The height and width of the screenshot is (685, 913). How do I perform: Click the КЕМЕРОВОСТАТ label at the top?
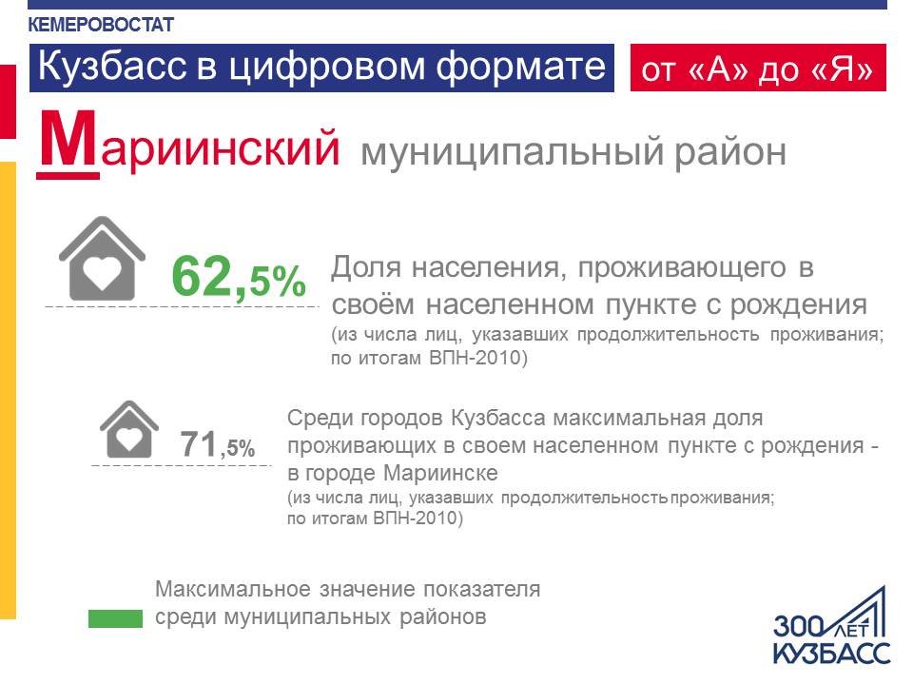[101, 25]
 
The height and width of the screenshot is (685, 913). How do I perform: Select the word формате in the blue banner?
[521, 66]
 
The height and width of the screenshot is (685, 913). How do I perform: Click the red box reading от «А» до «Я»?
[758, 68]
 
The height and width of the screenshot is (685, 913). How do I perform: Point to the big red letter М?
[68, 143]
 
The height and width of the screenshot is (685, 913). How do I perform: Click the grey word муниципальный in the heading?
[512, 152]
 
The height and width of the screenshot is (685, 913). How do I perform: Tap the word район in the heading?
[730, 151]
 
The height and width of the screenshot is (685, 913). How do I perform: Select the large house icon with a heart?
[102, 258]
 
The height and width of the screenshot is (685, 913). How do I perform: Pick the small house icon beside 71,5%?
[128, 429]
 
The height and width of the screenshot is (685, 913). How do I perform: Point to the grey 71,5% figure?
[217, 445]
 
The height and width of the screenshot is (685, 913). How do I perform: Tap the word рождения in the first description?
[798, 305]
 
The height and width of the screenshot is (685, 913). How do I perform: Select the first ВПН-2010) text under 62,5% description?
[478, 358]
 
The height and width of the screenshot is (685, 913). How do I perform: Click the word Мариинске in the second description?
[440, 473]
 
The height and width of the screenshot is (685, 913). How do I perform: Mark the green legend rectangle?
[115, 618]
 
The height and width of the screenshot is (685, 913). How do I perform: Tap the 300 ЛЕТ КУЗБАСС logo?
[831, 626]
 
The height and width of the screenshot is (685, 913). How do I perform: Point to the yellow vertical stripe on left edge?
[8, 390]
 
